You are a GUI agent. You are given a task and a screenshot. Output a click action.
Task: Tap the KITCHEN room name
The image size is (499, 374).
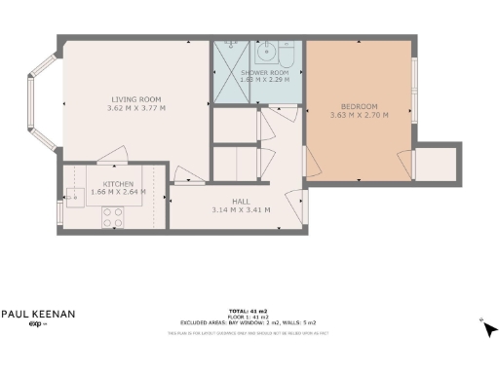pyautogui.click(x=119, y=183)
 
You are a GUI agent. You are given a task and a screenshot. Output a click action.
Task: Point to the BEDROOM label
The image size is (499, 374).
pyautogui.click(x=359, y=105)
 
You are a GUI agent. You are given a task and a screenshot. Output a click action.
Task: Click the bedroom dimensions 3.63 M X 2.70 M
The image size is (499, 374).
pyautogui.click(x=359, y=115)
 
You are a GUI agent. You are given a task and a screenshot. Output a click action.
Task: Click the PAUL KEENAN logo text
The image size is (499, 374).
pyautogui.click(x=37, y=314)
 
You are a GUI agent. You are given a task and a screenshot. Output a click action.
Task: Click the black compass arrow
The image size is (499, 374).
pyautogui.click(x=489, y=328)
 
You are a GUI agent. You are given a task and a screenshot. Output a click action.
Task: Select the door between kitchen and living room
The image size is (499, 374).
pyautogui.click(x=109, y=155)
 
